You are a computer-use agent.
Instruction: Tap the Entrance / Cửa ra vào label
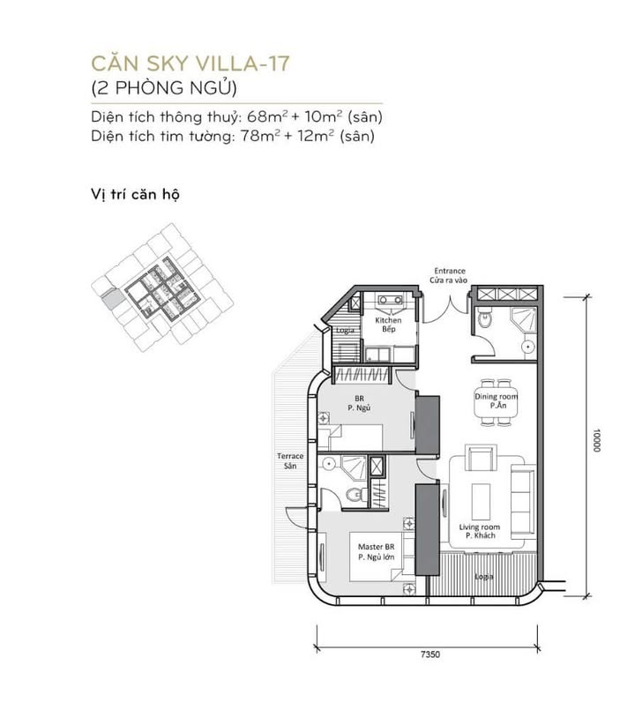click(449, 275)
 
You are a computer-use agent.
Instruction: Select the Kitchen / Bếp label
click(389, 325)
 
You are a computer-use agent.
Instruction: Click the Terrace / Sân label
click(290, 461)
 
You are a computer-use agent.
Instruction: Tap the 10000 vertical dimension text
click(597, 441)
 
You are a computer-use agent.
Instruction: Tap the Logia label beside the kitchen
click(345, 330)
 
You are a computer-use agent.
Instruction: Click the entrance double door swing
click(449, 306)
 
